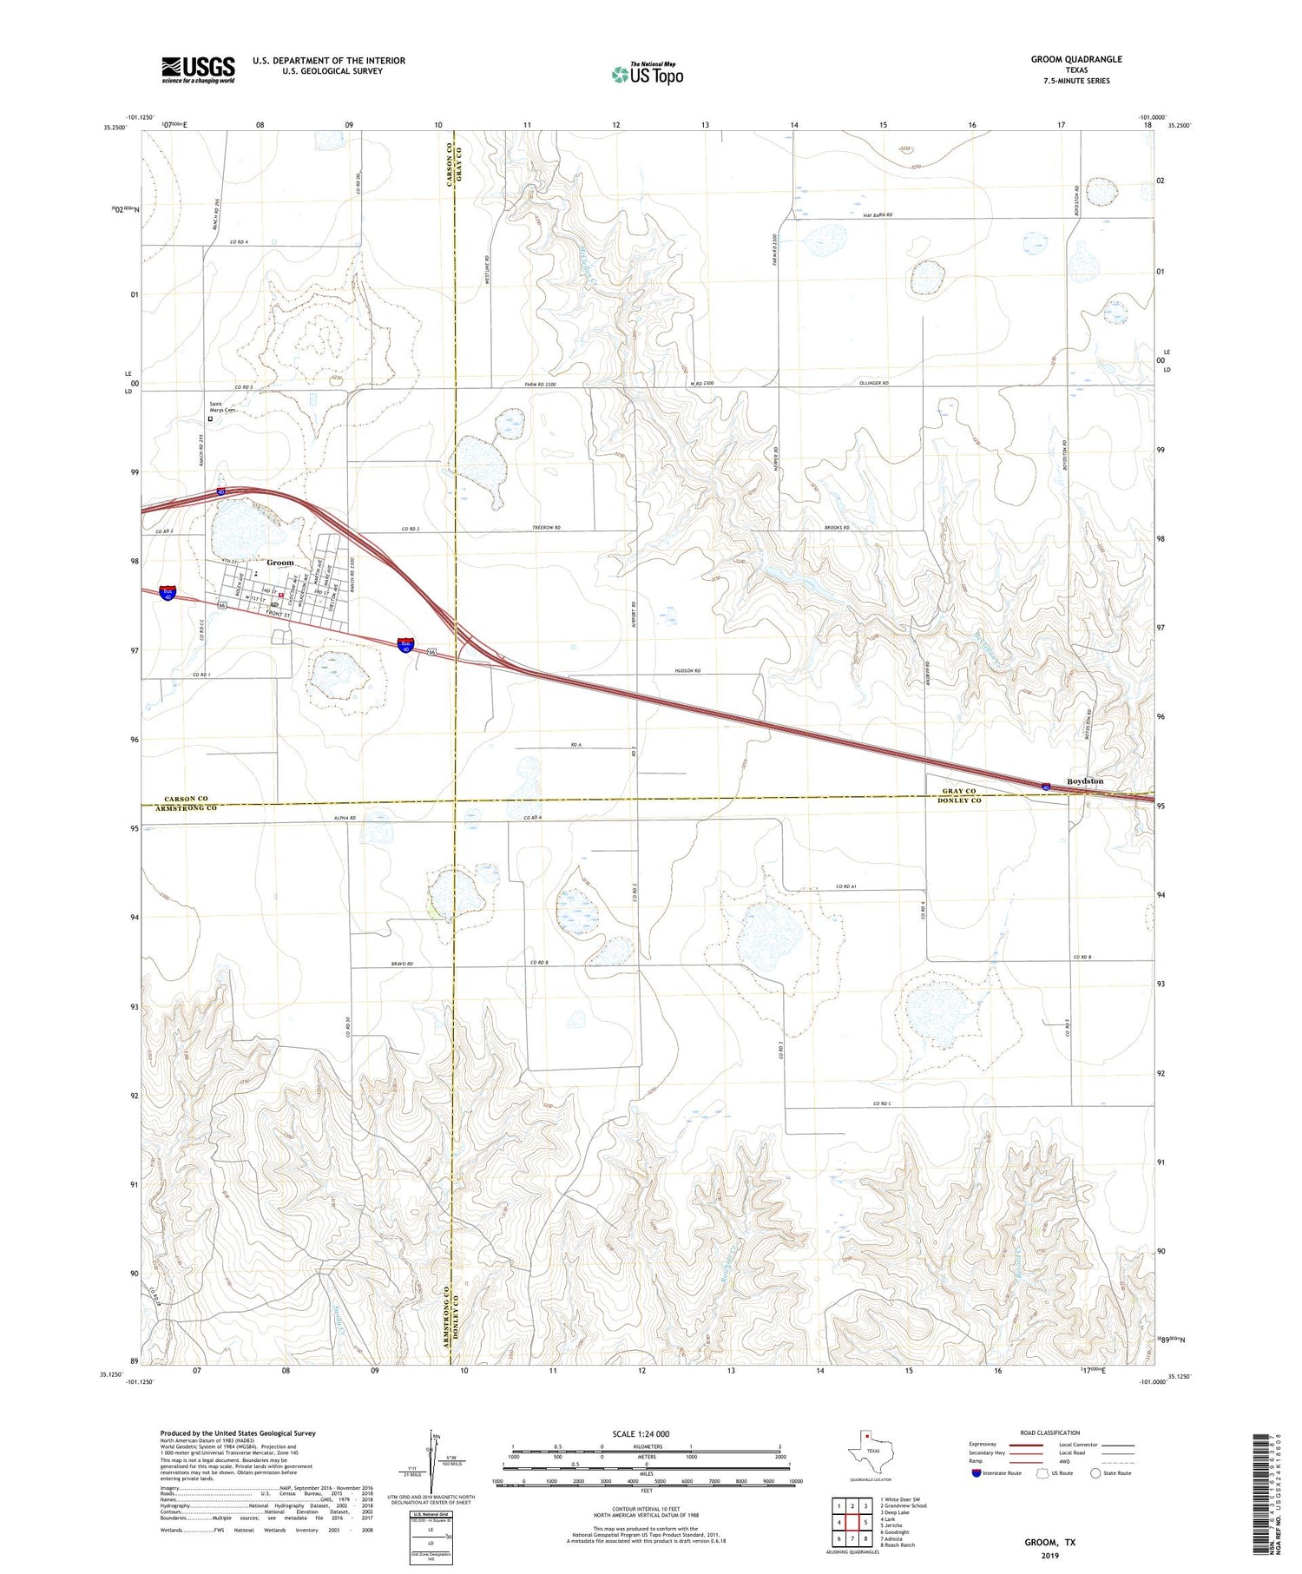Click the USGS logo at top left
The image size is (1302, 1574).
pos(198,69)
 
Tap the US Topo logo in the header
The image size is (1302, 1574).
pos(648,75)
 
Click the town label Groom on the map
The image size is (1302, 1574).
pos(280,563)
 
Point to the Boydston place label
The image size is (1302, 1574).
pos(1085,781)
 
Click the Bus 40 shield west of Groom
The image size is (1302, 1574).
pos(168,593)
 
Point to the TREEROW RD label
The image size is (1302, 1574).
pos(547,528)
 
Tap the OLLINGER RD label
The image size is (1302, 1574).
pos(874,383)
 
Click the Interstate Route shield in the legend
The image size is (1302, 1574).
pos(976,1473)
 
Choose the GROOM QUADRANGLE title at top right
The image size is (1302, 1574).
pos(1076,59)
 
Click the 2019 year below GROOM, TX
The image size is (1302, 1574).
pos(1051,1555)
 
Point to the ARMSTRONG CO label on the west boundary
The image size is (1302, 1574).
pos(187,808)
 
